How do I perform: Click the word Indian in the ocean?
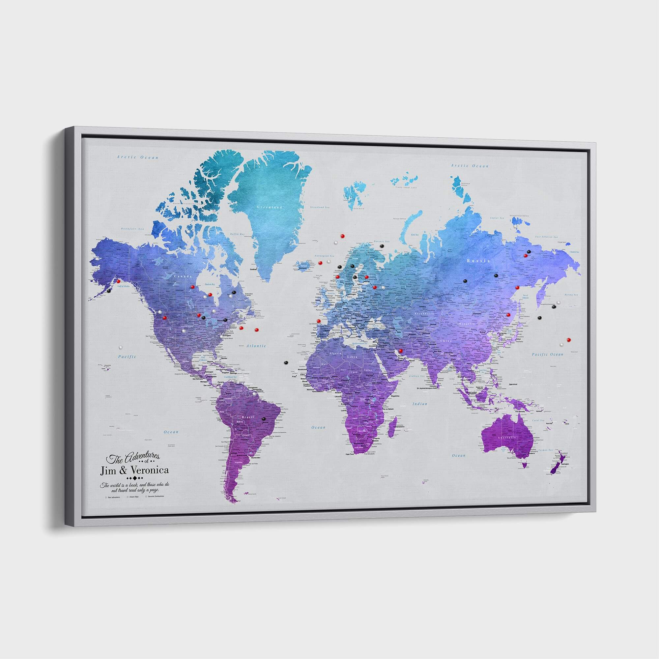[x=420, y=404]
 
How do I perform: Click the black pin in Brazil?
[x=264, y=419]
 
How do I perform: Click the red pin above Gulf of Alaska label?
[x=118, y=281]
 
